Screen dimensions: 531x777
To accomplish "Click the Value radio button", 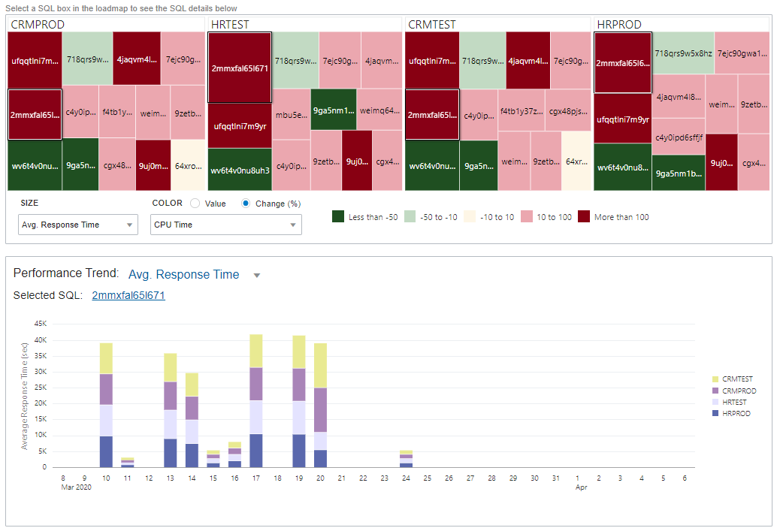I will [x=195, y=204].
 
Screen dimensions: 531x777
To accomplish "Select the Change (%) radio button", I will [x=246, y=204].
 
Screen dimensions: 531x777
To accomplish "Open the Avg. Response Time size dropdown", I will [x=78, y=225].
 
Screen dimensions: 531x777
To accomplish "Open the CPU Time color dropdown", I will [x=226, y=225].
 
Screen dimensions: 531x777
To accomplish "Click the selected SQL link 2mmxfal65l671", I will [x=128, y=295].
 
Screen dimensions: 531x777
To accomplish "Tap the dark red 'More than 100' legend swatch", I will [x=584, y=217].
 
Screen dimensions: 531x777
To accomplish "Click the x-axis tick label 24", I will [x=406, y=478].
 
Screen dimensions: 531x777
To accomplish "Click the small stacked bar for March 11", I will [x=127, y=462].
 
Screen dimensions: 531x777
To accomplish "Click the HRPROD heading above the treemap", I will [x=619, y=25].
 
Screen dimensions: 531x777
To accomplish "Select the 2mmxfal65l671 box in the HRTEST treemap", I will [x=240, y=68].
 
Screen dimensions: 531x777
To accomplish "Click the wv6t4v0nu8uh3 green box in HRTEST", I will [x=240, y=170].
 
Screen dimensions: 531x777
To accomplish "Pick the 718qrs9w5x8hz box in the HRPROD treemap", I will [x=682, y=53].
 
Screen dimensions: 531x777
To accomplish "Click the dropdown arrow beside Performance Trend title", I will [x=257, y=276].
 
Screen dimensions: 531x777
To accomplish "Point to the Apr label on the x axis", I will [x=581, y=487].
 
